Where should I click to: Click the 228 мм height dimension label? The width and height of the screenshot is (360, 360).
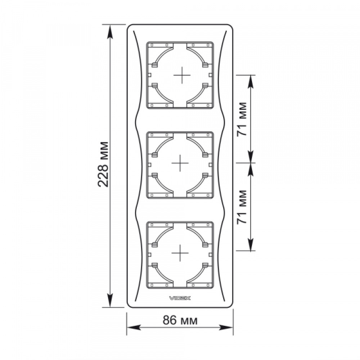[x=103, y=165]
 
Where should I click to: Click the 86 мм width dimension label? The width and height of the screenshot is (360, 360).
[x=180, y=320]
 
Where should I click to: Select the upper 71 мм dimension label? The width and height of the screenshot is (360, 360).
[x=242, y=119]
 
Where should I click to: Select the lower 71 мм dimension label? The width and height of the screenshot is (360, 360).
[x=242, y=207]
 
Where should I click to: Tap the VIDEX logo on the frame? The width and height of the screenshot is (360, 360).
[x=180, y=298]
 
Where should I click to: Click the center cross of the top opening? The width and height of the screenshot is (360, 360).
[x=182, y=75]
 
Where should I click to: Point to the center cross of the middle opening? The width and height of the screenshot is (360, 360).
[x=180, y=163]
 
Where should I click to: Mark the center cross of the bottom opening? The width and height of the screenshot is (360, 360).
[x=180, y=253]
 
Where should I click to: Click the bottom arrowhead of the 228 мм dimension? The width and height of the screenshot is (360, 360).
[x=110, y=300]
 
